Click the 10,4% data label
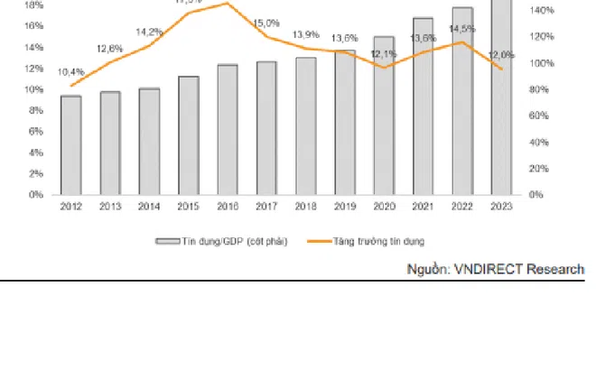tap(71, 71)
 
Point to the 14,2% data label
tap(150, 32)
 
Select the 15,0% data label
tap(266, 23)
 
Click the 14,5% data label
tap(461, 28)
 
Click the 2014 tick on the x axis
tap(149, 207)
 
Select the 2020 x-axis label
tap(384, 207)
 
